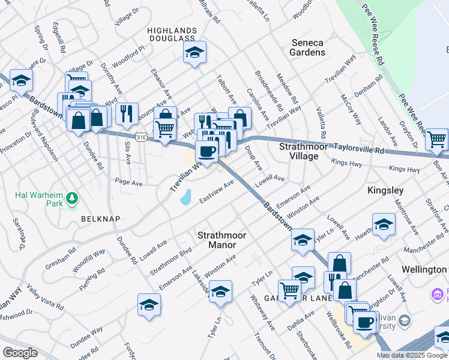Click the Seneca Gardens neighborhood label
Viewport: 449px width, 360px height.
[x=308, y=47]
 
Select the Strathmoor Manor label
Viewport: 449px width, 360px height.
[x=223, y=240]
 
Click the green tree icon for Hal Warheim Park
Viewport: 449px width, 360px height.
[x=71, y=197]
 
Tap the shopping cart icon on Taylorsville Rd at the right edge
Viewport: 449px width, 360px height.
[x=436, y=140]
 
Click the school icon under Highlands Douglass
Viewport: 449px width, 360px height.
[x=194, y=53]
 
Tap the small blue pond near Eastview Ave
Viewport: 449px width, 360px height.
[x=186, y=197]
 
